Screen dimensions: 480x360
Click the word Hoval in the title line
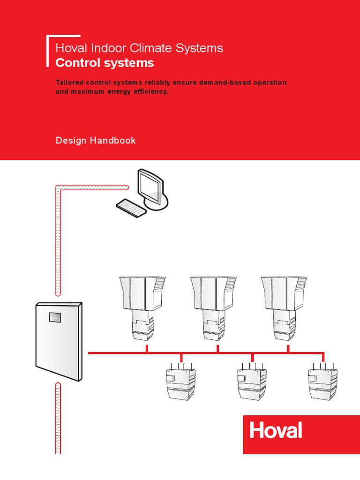point(69,48)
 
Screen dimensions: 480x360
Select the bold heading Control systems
point(105,63)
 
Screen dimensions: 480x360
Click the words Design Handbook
point(96,141)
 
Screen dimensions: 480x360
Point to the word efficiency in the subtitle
point(150,91)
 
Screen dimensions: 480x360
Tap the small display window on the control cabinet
point(55,317)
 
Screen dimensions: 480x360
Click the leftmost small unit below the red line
point(181,382)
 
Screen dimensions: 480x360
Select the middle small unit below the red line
point(252,382)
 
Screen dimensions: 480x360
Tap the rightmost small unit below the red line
point(322,382)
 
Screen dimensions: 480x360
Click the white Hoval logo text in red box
point(275,430)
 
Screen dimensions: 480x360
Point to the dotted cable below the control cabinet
point(58,417)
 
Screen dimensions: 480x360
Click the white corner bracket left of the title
point(49,49)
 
